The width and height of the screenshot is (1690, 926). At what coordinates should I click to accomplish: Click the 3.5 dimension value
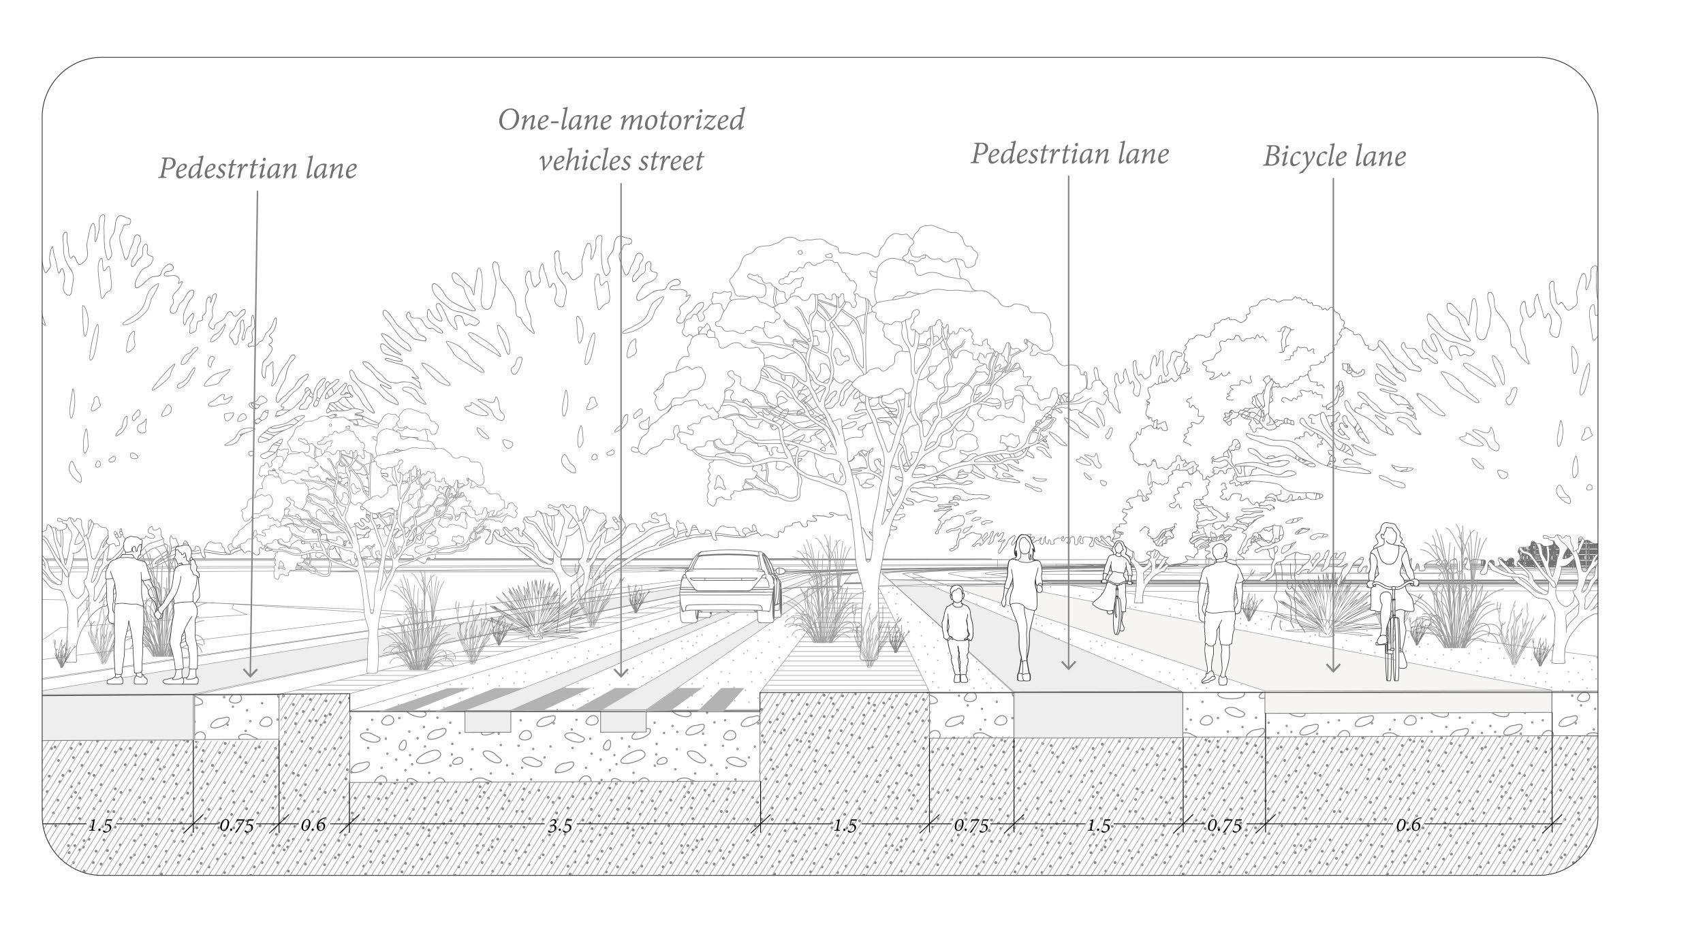point(560,826)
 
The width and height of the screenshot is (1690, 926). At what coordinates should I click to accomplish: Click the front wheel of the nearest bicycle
point(1393,657)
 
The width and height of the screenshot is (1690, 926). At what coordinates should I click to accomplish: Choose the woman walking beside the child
point(1024,599)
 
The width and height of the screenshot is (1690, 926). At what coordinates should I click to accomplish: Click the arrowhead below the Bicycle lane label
point(1333,671)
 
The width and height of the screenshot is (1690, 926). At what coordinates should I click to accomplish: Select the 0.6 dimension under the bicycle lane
point(1408,826)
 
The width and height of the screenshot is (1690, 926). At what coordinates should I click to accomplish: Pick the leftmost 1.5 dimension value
point(99,826)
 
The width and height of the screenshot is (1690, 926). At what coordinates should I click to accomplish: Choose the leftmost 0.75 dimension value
point(236,826)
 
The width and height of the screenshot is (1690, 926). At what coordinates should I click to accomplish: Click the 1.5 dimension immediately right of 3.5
point(844,826)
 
